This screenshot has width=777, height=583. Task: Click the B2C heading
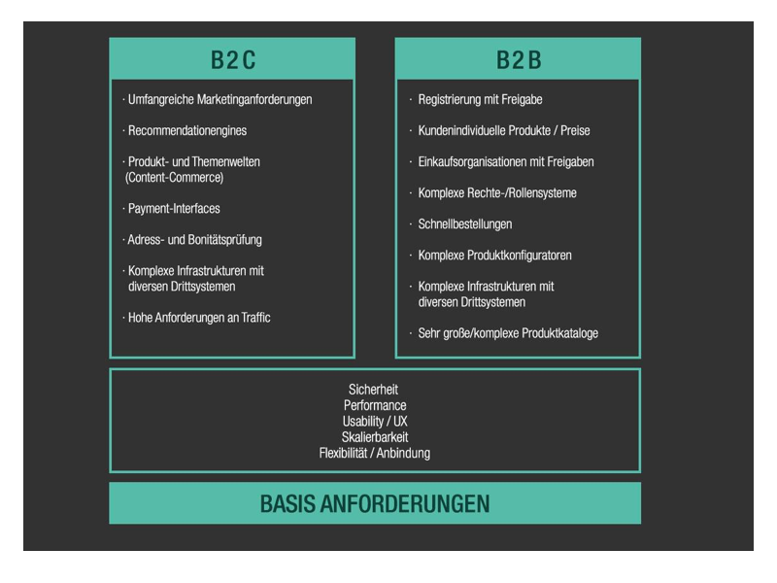click(x=233, y=60)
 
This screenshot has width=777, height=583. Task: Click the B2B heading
click(x=519, y=60)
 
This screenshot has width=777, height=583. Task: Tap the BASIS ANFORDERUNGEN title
click(x=375, y=503)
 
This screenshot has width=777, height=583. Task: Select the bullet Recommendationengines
click(x=187, y=130)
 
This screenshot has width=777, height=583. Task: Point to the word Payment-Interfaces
click(x=174, y=208)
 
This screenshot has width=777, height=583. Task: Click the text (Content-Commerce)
click(x=175, y=178)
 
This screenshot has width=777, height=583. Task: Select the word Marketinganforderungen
click(x=254, y=100)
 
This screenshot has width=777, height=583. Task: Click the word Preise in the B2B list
click(x=575, y=130)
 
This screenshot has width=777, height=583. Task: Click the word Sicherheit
click(x=373, y=390)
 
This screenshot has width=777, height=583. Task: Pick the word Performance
click(x=375, y=405)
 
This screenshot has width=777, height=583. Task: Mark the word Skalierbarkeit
click(x=375, y=436)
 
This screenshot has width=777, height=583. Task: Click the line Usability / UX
click(x=375, y=421)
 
